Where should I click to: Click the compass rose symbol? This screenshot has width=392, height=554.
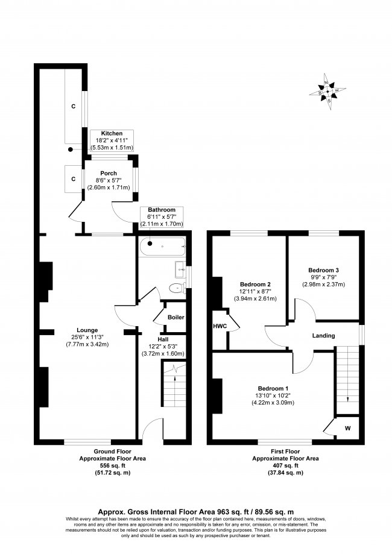click(x=327, y=92)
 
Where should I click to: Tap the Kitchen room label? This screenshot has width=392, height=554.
click(x=112, y=134)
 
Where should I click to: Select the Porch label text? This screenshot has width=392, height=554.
click(x=109, y=173)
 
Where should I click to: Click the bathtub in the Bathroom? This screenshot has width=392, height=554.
click(x=162, y=245)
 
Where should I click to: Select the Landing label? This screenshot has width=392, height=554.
click(x=323, y=336)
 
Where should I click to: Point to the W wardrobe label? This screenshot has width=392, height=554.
click(x=347, y=429)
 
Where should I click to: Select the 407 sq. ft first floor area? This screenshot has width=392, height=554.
click(x=278, y=465)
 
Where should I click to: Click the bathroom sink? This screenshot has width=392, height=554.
click(x=179, y=267)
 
